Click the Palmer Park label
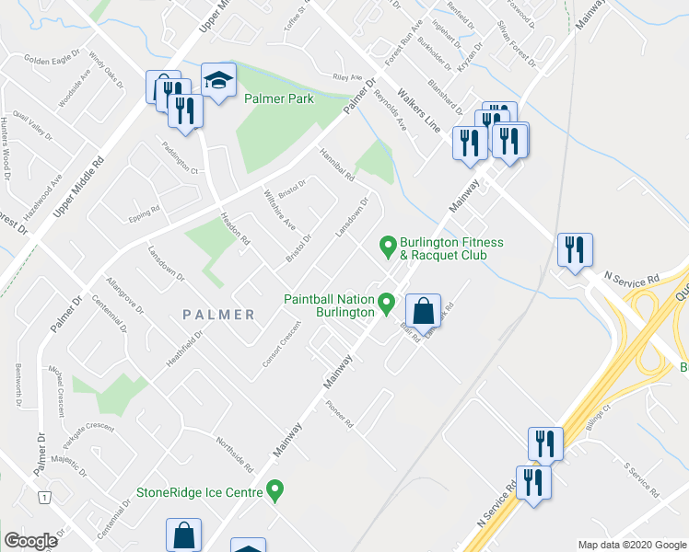coord(278,99)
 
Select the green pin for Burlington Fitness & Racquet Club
coord(389,247)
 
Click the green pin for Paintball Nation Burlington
coord(387,302)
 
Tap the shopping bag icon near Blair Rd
coord(424,313)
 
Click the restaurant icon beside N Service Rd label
coord(575,250)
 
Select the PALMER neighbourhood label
coord(218,315)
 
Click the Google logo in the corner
coord(30,541)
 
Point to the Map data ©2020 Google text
coord(631,545)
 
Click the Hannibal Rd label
coord(337,166)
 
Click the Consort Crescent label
coord(282,345)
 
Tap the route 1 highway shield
coord(43,498)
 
